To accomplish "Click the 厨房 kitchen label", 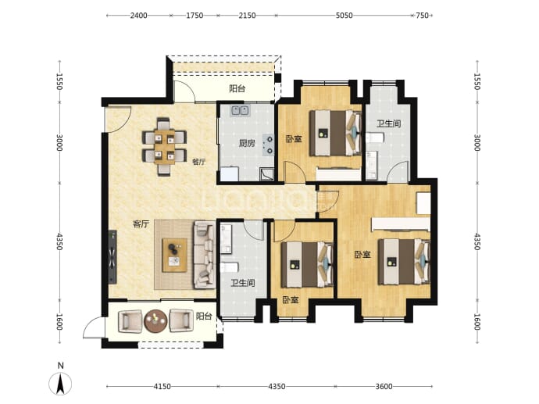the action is [x=247, y=143].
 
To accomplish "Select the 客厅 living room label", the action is [x=141, y=224].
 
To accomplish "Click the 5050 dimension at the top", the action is [x=344, y=16].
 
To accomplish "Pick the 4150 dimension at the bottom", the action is [x=162, y=387].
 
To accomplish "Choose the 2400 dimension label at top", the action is [x=138, y=16].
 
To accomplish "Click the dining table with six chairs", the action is [x=164, y=147].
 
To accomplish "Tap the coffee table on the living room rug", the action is [x=175, y=255].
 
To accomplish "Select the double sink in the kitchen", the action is [x=240, y=110].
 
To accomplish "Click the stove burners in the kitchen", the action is [x=269, y=145].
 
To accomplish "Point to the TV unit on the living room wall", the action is [x=112, y=257].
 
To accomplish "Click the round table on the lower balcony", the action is [x=155, y=321].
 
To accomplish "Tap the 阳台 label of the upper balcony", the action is [x=237, y=89].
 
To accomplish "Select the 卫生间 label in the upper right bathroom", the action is [x=389, y=123].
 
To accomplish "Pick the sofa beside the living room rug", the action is [x=204, y=255].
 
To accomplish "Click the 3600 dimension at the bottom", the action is [x=384, y=387].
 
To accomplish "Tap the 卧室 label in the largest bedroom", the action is [x=363, y=255].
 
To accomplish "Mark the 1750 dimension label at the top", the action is [x=195, y=16].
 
